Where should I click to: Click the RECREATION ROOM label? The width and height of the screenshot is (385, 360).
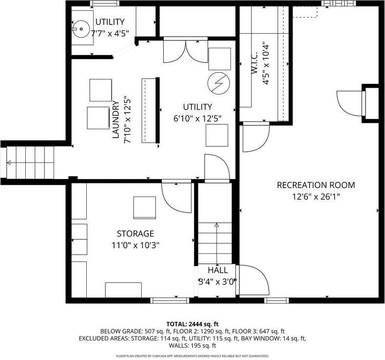pyautogui.click(x=316, y=185)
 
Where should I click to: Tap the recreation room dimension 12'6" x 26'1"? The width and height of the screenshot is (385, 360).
pyautogui.click(x=316, y=197)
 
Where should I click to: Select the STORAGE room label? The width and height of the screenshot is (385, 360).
pyautogui.click(x=135, y=234)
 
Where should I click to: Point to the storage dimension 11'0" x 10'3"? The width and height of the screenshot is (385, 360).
pyautogui.click(x=135, y=245)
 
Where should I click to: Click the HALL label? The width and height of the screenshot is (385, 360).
pyautogui.click(x=217, y=270)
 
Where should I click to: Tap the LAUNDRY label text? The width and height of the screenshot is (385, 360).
pyautogui.click(x=116, y=120)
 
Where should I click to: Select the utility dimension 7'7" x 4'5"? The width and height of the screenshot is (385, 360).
pyautogui.click(x=110, y=34)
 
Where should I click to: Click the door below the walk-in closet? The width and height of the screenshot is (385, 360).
pyautogui.click(x=255, y=138)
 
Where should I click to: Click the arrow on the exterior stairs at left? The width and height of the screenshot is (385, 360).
pyautogui.click(x=9, y=163)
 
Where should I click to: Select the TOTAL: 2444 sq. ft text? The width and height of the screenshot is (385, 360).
pyautogui.click(x=192, y=324)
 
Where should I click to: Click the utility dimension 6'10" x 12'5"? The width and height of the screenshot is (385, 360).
pyautogui.click(x=197, y=118)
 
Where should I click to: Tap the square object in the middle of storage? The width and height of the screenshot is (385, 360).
pyautogui.click(x=145, y=207)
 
